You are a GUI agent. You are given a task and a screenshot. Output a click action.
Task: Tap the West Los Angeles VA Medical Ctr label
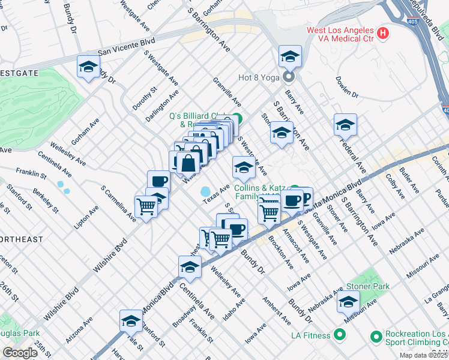click(x=340, y=34)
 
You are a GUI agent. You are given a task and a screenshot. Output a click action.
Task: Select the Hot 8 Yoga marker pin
click(x=289, y=77)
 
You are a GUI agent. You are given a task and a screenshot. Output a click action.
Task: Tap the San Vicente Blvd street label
click(x=127, y=47)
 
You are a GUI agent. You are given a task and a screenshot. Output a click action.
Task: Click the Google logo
click(x=20, y=353)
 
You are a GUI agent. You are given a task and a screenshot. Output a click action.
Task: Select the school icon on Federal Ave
click(x=345, y=125)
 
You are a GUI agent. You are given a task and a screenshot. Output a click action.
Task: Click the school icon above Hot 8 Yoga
click(x=290, y=57)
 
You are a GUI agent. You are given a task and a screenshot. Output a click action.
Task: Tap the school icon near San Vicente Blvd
click(x=88, y=67)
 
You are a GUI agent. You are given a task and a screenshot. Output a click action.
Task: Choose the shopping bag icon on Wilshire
click(x=188, y=163)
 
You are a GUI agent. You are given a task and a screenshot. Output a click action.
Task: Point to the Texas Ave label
click(x=216, y=193)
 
